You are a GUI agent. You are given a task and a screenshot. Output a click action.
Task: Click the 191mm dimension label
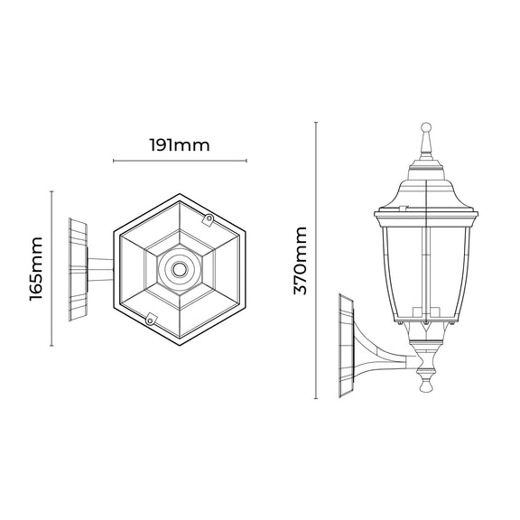(x=180, y=145)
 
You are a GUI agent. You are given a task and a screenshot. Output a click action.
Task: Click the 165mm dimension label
(x=36, y=269)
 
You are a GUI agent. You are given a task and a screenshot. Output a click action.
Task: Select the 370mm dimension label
(x=301, y=261)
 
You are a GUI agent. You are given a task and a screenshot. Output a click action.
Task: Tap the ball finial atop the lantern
(x=426, y=127)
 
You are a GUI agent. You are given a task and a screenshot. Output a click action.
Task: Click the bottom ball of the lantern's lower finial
(x=426, y=386)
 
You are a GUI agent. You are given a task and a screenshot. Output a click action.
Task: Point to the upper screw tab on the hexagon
(x=209, y=219)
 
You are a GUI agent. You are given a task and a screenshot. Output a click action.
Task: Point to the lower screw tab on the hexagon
(x=151, y=320)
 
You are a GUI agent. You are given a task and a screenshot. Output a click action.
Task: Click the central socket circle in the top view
(x=180, y=269)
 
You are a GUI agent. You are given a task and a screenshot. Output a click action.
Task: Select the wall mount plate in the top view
(x=79, y=269)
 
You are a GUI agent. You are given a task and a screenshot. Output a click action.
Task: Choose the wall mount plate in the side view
(x=348, y=345)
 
